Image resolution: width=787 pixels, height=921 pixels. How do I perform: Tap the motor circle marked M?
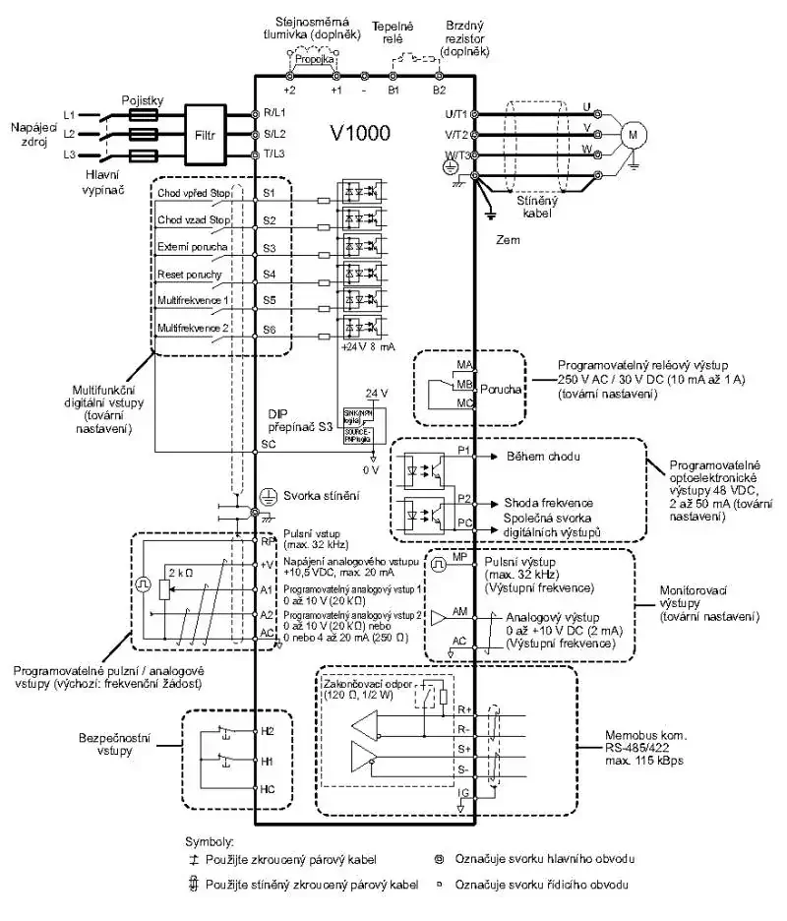pos(633,132)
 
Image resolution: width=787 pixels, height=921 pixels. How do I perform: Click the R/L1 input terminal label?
pos(274,113)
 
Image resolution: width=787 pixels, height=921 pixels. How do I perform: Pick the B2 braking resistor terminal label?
pos(439,90)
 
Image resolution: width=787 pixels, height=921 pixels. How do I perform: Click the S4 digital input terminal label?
pos(269,275)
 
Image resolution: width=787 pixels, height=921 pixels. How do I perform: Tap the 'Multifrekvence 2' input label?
pos(192,327)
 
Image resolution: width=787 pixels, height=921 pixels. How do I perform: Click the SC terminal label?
pos(269,445)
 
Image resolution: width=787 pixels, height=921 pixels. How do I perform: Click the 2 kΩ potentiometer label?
pos(179,572)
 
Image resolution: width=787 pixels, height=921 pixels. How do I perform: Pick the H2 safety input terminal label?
pos(268,732)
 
